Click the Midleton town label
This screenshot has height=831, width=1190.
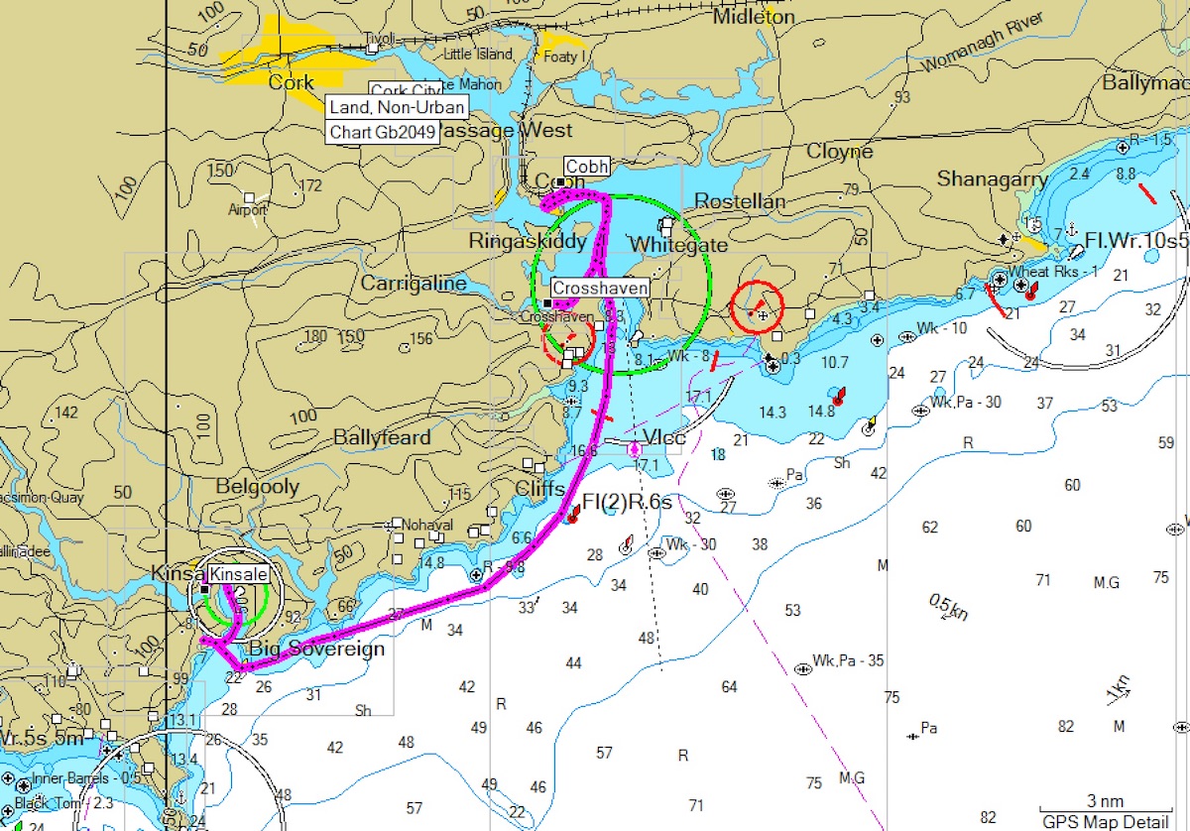[754, 17]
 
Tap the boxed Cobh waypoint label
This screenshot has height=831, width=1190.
[587, 166]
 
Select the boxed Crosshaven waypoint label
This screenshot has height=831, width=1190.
[600, 288]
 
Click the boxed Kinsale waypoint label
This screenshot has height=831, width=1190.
[239, 574]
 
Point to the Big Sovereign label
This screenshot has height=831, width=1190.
[315, 650]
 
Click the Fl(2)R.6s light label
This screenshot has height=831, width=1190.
[627, 502]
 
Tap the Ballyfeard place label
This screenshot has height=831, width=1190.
[382, 437]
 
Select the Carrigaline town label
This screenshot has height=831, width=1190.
[413, 284]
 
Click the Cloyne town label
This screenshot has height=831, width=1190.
[840, 152]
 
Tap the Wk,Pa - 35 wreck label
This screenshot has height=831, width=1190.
[847, 660]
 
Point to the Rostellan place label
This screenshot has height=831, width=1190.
[740, 201]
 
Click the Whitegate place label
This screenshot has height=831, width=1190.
[678, 244]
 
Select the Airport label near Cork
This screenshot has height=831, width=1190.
[247, 210]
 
